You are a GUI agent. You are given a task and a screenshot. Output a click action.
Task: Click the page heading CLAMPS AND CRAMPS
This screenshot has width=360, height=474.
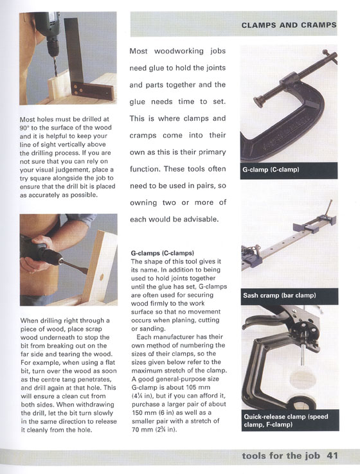[289, 25]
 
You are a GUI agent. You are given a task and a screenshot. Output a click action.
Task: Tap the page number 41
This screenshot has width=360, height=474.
[332, 455]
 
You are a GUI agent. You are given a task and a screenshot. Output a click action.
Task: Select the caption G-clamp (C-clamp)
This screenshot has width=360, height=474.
[271, 170]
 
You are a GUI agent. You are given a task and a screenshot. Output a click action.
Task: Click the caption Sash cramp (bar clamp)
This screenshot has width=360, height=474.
[279, 295]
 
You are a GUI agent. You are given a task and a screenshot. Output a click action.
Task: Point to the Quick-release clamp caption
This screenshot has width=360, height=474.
[286, 421]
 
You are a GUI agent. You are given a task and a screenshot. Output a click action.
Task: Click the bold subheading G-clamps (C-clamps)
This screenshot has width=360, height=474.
[163, 253]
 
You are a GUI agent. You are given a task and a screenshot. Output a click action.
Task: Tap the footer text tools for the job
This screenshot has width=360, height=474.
[281, 455]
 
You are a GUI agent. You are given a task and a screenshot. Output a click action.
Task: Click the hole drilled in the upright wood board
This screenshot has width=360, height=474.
[102, 277]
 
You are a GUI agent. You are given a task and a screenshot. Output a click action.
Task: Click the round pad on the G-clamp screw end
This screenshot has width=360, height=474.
[260, 101]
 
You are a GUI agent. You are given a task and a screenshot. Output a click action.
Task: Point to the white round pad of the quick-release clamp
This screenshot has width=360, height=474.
[303, 378]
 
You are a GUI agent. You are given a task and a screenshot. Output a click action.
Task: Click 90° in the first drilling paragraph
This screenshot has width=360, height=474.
[24, 128]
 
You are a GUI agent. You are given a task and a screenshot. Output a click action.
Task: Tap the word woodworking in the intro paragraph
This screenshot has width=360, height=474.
[179, 51]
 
